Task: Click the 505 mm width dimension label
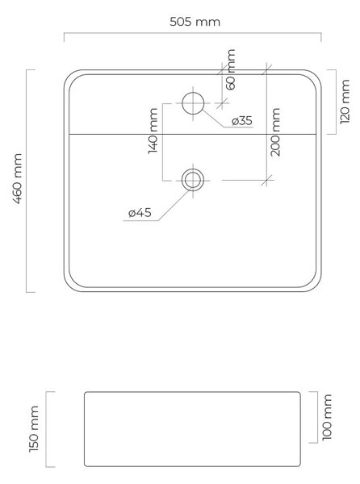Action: [x=195, y=22]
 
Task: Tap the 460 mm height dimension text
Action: [x=17, y=179]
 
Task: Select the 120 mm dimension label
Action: [x=345, y=102]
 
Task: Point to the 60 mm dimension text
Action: [x=231, y=69]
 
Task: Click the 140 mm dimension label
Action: [x=153, y=131]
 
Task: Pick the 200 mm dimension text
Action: [x=275, y=131]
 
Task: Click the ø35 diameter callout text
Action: [x=242, y=121]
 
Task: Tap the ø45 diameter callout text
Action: [x=140, y=212]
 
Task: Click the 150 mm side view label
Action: [x=34, y=429]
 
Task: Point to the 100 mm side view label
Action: [x=327, y=417]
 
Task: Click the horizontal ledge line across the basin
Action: [x=193, y=134]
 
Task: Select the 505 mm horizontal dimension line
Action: [x=193, y=33]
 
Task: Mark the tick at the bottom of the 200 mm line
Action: [x=266, y=180]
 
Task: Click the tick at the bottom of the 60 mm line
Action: [x=222, y=103]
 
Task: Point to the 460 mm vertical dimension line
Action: [x=27, y=181]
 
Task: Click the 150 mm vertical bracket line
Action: [x=47, y=429]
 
